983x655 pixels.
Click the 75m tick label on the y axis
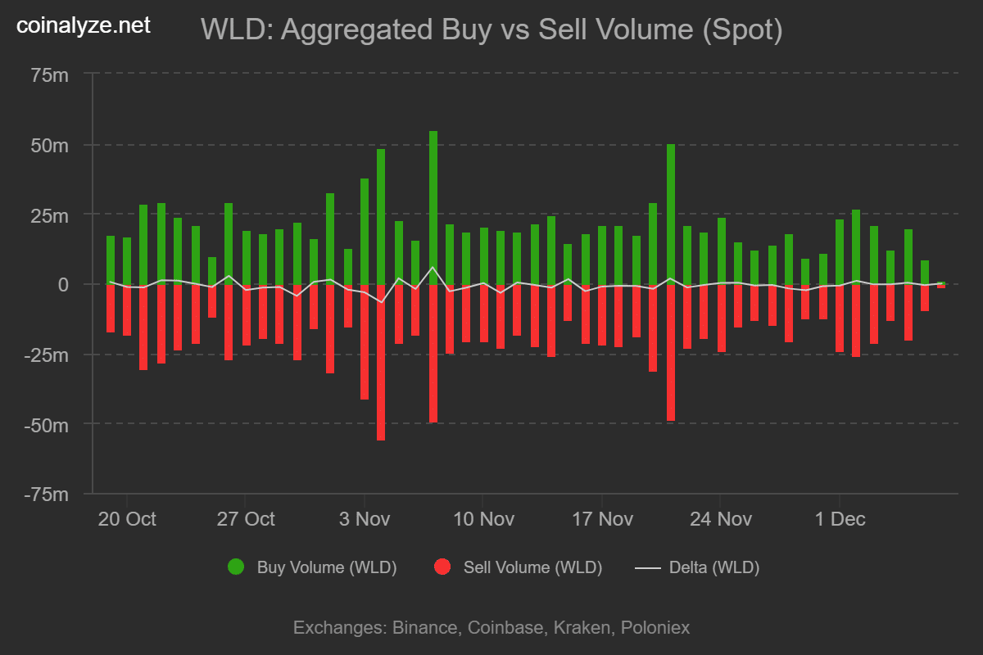[49, 75]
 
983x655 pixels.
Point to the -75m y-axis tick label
[47, 495]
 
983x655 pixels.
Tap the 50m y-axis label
[49, 146]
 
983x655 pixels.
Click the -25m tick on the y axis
[47, 355]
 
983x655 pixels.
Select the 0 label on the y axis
[63, 285]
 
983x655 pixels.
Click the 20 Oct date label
[127, 519]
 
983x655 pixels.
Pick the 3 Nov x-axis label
[364, 519]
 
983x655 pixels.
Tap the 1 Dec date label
[839, 519]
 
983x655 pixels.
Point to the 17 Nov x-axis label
[602, 519]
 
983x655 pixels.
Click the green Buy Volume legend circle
[236, 567]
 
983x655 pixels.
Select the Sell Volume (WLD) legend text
[532, 567]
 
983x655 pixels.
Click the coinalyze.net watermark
[84, 26]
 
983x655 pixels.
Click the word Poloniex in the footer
[655, 628]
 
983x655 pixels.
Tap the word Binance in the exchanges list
[425, 628]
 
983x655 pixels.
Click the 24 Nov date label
[720, 519]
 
